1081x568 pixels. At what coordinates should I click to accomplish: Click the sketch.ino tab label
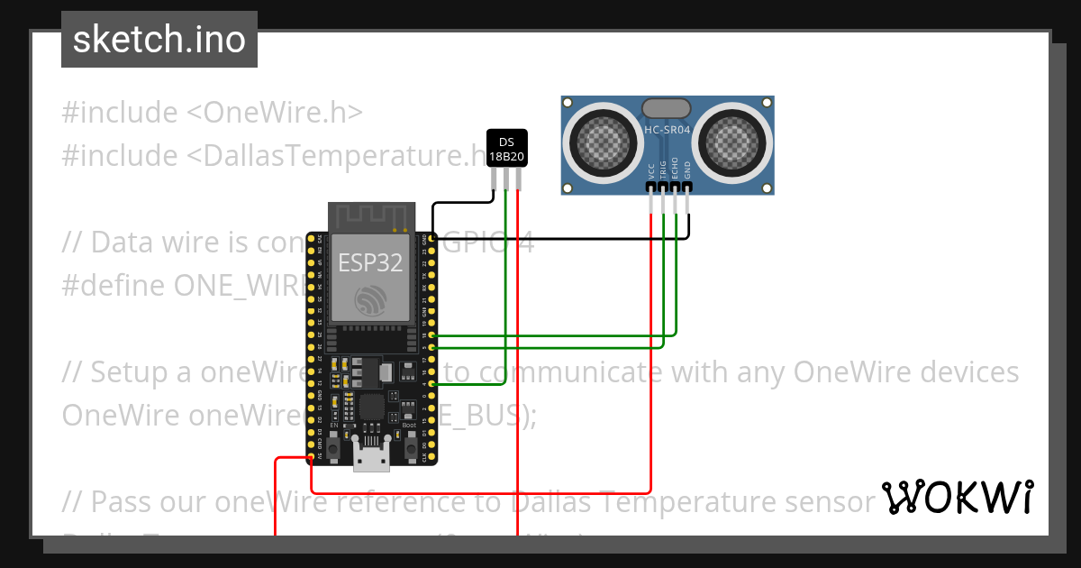coord(159,40)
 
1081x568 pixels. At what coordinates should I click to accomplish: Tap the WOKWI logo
coord(957,498)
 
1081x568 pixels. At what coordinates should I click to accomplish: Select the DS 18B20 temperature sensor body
coord(506,148)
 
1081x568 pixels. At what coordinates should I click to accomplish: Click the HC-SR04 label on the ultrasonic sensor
coord(668,130)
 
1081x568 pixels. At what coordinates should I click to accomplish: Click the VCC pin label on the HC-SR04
coord(650,171)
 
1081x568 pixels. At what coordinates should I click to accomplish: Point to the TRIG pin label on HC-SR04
coord(663,169)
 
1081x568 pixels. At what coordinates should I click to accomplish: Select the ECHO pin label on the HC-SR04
coord(675,169)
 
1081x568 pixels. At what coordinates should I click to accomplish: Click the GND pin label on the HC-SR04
coord(687,170)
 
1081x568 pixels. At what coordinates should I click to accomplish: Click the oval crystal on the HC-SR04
coord(668,108)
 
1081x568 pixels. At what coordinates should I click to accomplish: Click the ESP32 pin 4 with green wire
coord(433,385)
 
